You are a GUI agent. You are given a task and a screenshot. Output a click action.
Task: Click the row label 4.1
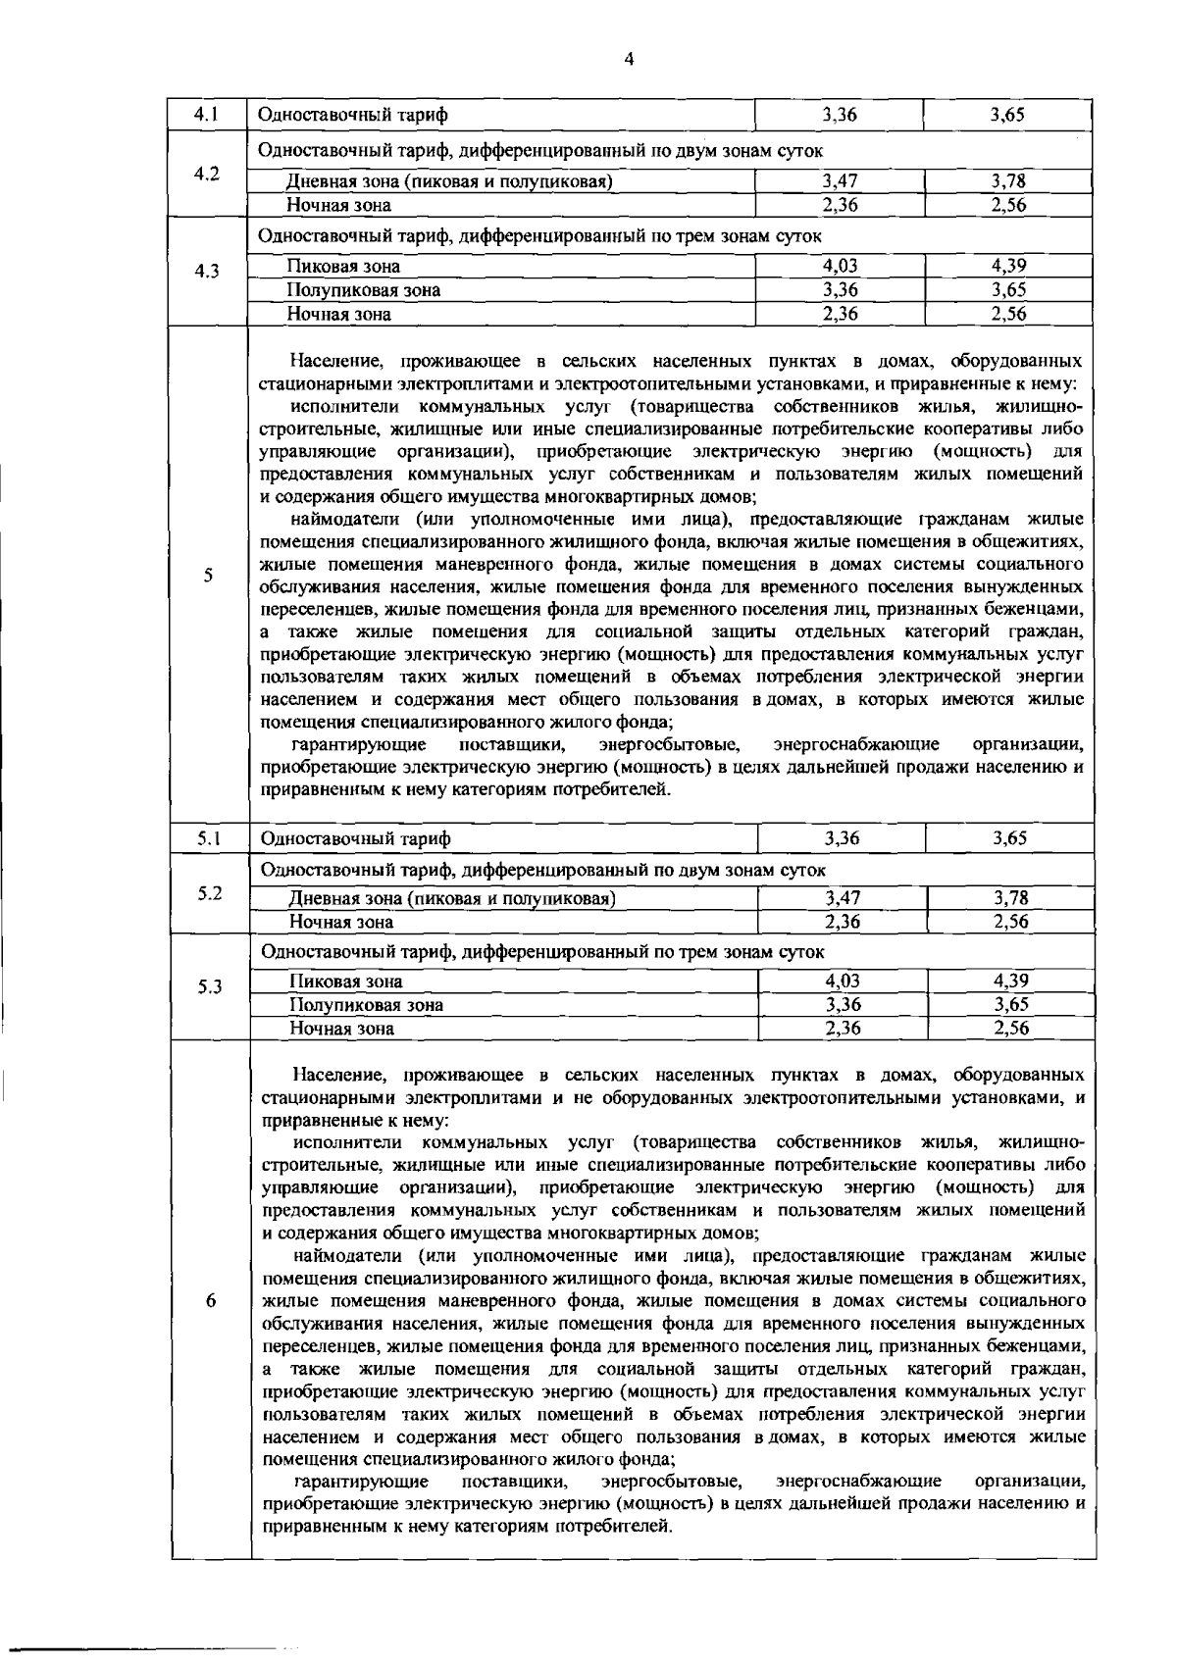206,115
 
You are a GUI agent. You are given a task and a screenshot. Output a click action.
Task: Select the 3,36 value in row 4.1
840,115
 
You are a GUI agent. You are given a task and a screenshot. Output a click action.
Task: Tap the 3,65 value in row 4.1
1007,115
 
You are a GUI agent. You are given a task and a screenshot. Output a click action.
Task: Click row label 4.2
206,174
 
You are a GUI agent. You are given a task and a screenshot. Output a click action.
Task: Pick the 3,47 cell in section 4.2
840,181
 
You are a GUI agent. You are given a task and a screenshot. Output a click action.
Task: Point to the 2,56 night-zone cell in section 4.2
1007,205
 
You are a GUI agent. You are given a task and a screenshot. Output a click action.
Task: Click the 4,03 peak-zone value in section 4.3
840,266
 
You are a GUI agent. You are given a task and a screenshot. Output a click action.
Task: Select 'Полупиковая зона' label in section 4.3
363,290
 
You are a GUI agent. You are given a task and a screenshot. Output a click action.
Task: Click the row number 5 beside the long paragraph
208,576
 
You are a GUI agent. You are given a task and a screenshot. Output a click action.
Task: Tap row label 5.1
208,838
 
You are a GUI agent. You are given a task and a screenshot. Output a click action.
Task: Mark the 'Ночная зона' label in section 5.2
340,922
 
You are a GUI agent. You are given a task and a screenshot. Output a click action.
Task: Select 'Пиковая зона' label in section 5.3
345,982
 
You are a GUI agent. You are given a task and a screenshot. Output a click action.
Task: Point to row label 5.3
208,987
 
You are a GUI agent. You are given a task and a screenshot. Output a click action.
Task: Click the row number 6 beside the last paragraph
210,1300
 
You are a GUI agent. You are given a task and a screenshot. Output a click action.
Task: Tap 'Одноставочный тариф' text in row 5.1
355,839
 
